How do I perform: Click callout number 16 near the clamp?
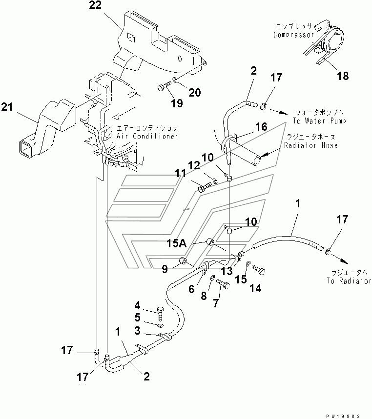coord(260,127)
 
